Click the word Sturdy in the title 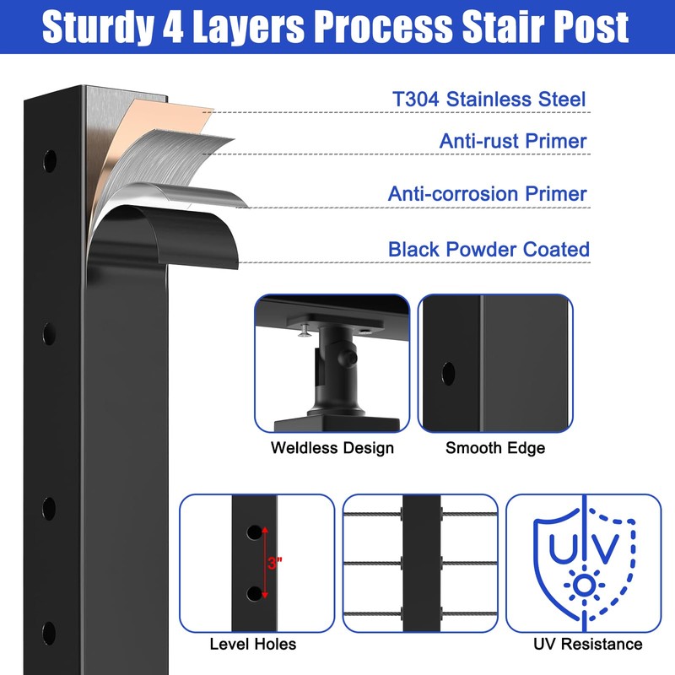point(98,27)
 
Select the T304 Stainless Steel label point(489,99)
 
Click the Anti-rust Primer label point(513,141)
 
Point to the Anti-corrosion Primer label point(488,193)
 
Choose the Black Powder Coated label point(489,249)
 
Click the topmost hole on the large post point(50,160)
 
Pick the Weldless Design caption point(332,448)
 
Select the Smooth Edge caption point(495,448)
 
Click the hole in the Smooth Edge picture point(448,373)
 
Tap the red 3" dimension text point(275,563)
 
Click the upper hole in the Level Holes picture point(254,532)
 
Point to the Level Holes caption point(252,644)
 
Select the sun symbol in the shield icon point(584,586)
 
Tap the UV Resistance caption point(587,644)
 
